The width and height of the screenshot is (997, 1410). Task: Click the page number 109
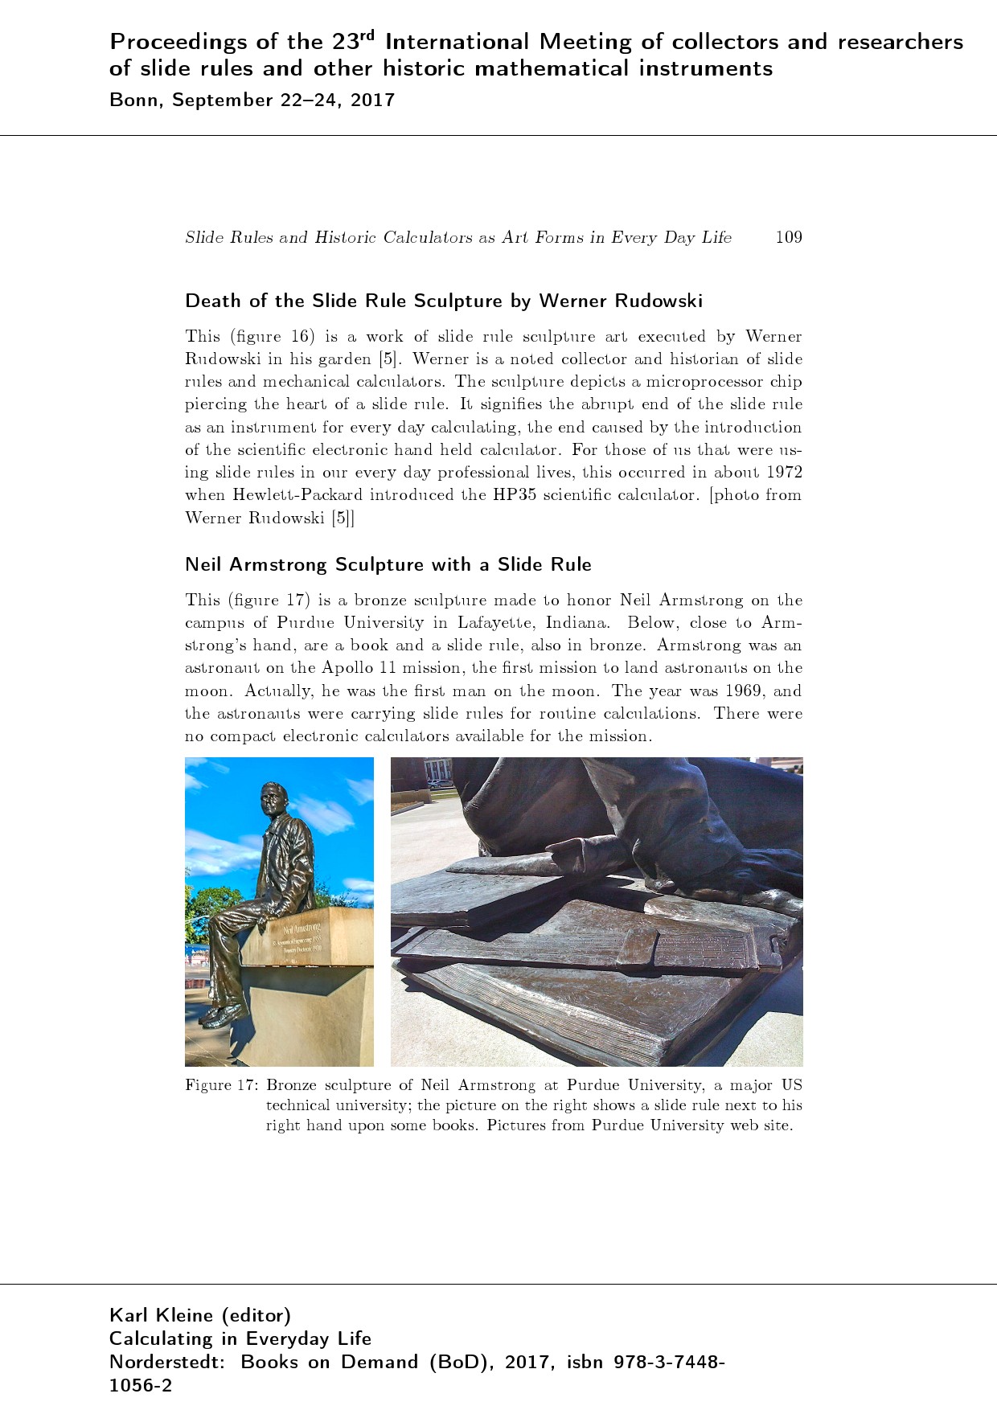[788, 237]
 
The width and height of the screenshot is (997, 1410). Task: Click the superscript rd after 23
[367, 35]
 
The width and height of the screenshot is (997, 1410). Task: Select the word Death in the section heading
[213, 301]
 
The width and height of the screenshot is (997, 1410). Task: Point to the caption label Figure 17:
[221, 1085]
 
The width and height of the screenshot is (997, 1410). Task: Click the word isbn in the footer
[587, 1363]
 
